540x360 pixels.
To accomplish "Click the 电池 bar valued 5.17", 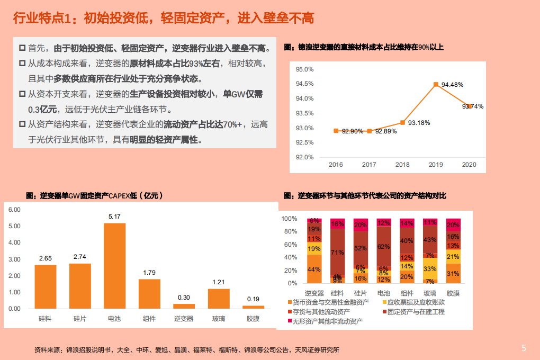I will point(114,266).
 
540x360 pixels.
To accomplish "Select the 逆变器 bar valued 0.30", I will point(184,306).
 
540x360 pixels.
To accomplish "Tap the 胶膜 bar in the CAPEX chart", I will point(253,307).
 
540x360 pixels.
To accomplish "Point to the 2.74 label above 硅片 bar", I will point(80,257).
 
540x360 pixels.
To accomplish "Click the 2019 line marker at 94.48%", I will point(436,84).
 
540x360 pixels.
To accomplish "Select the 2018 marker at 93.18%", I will point(402,122).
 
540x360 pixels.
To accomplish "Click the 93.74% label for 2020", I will point(473,106).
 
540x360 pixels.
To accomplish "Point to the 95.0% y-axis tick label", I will point(304,69).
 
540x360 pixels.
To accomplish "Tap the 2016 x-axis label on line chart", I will point(336,165).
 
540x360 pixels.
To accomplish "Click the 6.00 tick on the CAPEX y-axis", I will point(14,210).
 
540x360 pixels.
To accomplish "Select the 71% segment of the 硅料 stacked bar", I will point(337,252).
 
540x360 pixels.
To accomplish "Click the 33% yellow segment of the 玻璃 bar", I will point(430,268).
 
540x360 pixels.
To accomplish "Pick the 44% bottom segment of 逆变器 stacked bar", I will point(314,269).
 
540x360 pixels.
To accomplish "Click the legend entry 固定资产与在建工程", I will point(416,312).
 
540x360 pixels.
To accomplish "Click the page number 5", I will point(524,348).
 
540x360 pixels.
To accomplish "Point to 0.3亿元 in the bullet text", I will point(45,110).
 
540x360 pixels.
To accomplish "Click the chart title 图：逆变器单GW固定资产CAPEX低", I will point(94,195).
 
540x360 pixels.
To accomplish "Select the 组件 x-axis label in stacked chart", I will point(407,293).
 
